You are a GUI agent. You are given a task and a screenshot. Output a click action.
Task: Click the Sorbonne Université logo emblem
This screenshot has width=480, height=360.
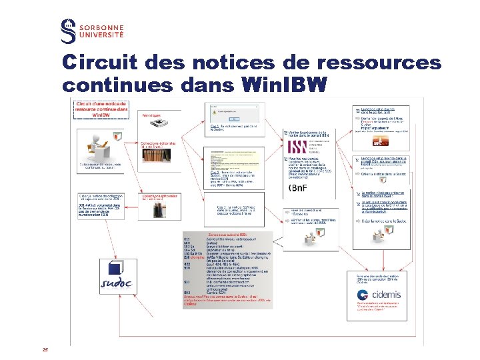coord(68,31)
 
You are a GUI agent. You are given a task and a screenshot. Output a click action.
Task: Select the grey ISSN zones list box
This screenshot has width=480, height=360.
coord(227,270)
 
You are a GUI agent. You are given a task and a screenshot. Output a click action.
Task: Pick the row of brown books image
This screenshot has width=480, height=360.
coord(158,155)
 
